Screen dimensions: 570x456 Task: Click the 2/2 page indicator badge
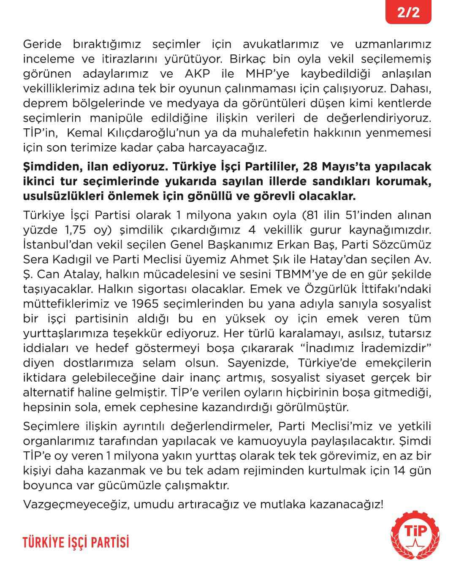[408, 12]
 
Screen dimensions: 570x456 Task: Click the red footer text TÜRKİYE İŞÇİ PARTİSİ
[76, 542]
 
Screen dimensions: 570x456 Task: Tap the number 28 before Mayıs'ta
[313, 166]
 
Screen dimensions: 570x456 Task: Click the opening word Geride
[42, 44]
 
